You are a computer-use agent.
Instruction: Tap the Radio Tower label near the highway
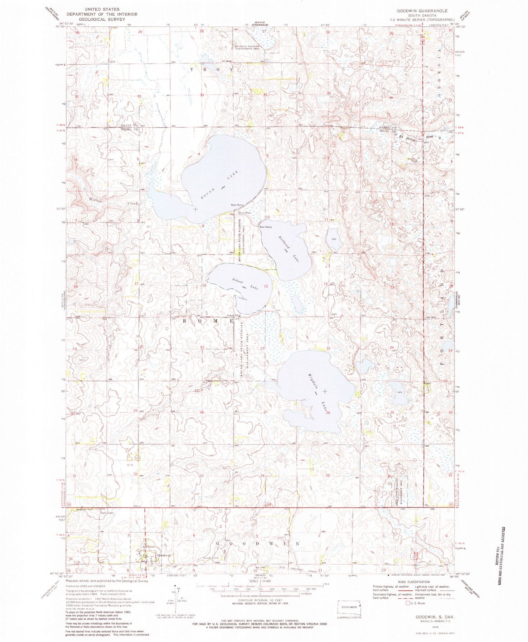(106, 512)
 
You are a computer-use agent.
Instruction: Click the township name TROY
(212, 69)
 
